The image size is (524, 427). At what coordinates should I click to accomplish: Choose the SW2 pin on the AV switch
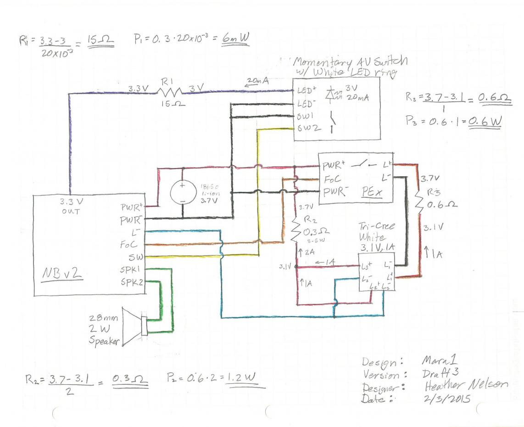[x=304, y=129]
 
